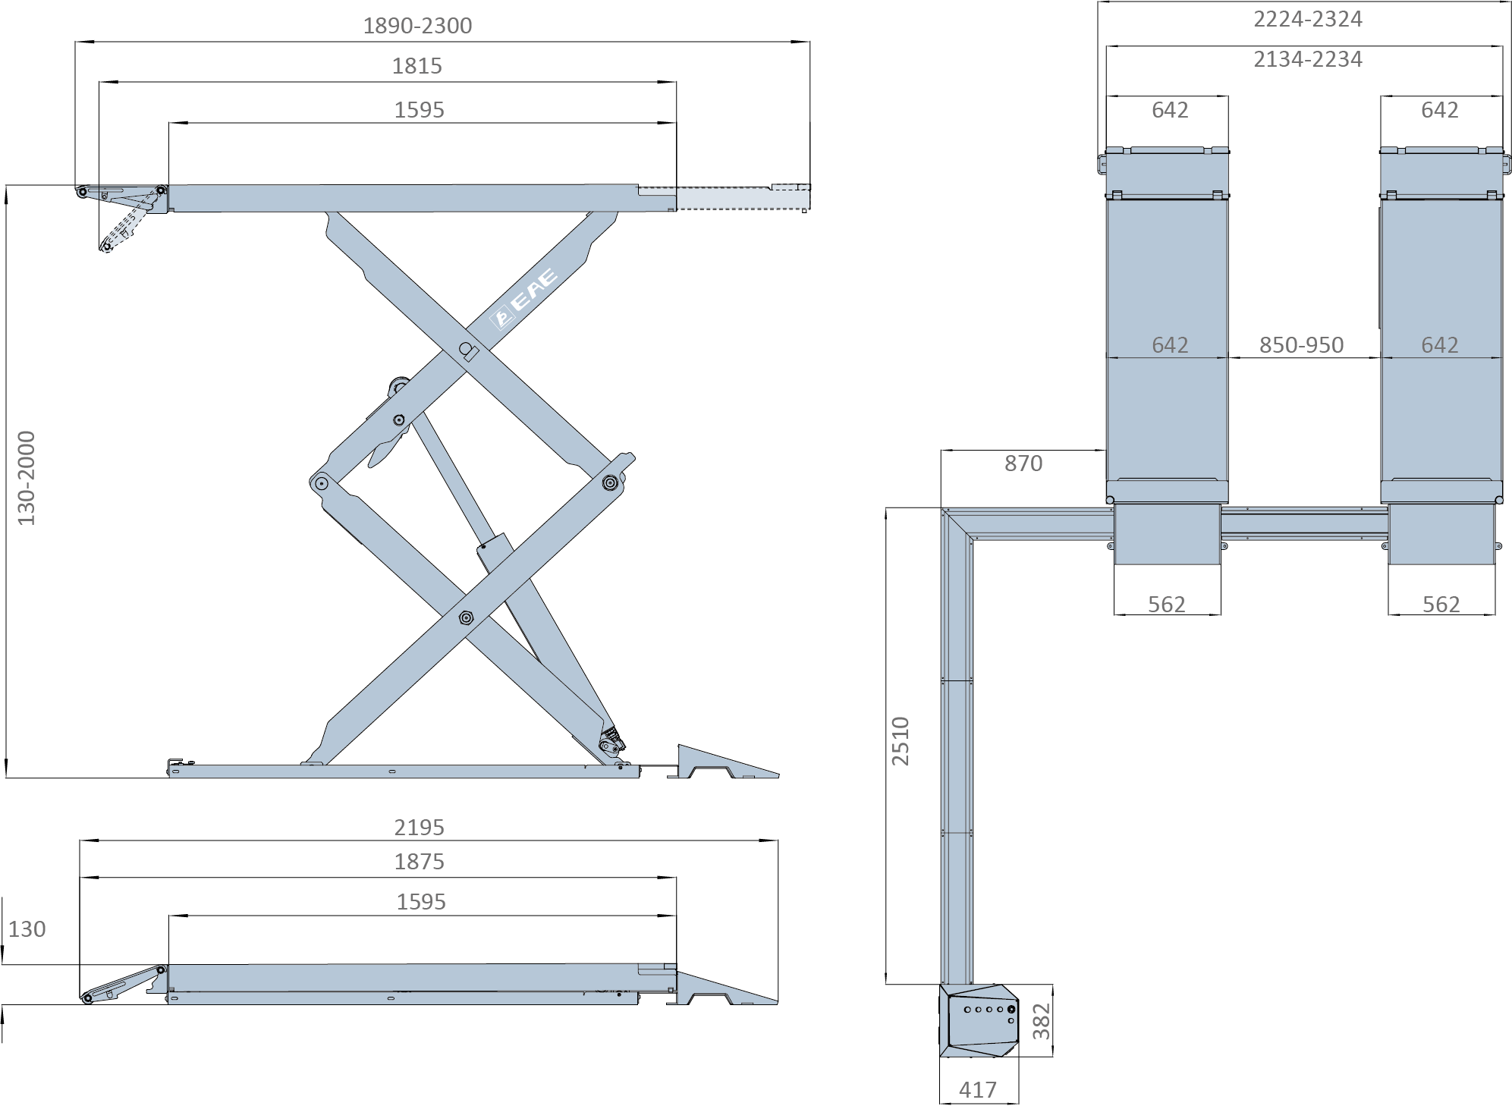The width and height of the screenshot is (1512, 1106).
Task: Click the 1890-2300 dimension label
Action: tap(417, 26)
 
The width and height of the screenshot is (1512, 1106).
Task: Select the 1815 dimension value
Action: tap(417, 66)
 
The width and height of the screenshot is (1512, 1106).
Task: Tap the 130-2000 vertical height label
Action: tap(27, 478)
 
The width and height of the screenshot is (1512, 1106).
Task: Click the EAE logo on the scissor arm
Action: tap(524, 298)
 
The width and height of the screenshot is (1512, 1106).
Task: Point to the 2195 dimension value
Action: tap(419, 827)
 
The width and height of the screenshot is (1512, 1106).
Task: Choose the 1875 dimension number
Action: tap(419, 862)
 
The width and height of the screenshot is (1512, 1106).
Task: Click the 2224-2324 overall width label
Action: tap(1307, 18)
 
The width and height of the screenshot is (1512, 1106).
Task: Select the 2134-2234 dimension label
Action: tap(1307, 58)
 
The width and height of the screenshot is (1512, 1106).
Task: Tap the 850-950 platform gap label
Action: tap(1301, 345)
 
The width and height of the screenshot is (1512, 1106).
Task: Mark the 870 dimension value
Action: tap(1023, 463)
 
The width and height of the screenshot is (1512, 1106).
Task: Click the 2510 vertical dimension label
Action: tap(900, 740)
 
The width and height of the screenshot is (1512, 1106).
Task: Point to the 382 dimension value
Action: tap(1042, 1021)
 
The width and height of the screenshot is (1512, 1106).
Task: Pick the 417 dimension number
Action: tap(977, 1089)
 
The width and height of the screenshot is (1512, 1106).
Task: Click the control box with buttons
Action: tap(979, 1021)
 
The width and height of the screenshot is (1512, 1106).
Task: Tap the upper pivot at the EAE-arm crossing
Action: tap(466, 349)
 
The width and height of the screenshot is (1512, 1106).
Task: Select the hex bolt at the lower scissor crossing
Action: tap(466, 618)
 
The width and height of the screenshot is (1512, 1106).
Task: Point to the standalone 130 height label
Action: tap(27, 929)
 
